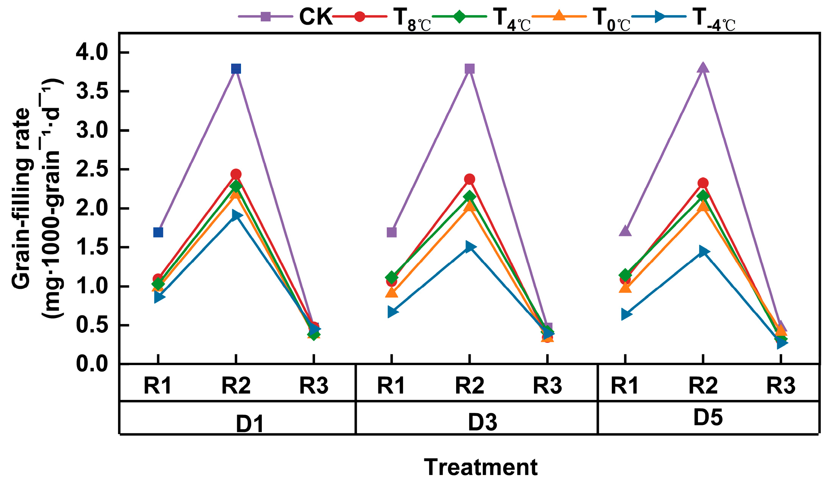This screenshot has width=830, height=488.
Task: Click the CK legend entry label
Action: [x=316, y=17]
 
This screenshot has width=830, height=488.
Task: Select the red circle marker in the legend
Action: [x=359, y=17]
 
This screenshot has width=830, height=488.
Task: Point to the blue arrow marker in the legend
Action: [x=659, y=17]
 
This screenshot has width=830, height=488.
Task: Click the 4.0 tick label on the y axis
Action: [x=92, y=52]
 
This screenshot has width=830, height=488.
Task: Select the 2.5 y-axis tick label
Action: [x=92, y=170]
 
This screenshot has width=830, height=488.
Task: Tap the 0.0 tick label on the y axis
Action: [x=92, y=364]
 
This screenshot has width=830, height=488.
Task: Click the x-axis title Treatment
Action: [x=480, y=467]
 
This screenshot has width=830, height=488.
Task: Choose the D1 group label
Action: [x=250, y=423]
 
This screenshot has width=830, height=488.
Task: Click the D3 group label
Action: [x=482, y=422]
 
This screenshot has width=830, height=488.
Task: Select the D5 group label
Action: [x=708, y=417]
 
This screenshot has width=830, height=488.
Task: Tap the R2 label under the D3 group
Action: [x=469, y=386]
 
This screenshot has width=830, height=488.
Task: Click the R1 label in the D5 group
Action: [x=625, y=386]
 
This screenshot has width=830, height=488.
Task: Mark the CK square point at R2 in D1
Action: [x=236, y=69]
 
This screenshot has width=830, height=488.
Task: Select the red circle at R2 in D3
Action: [x=469, y=179]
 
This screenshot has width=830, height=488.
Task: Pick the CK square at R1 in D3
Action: [x=392, y=232]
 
